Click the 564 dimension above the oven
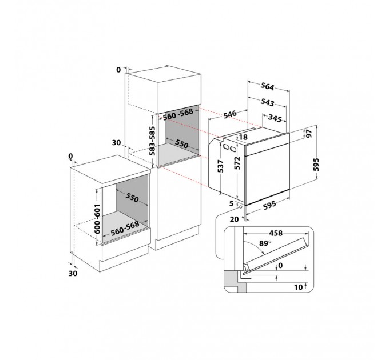tap(268, 86)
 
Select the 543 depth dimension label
tap(268, 102)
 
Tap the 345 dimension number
tap(275, 118)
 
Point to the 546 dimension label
tap(230, 114)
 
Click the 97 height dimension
tap(309, 134)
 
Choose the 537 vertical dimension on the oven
tap(221, 166)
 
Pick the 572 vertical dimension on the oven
tap(237, 163)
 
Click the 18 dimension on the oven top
tap(244, 137)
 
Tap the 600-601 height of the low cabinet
tap(97, 218)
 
